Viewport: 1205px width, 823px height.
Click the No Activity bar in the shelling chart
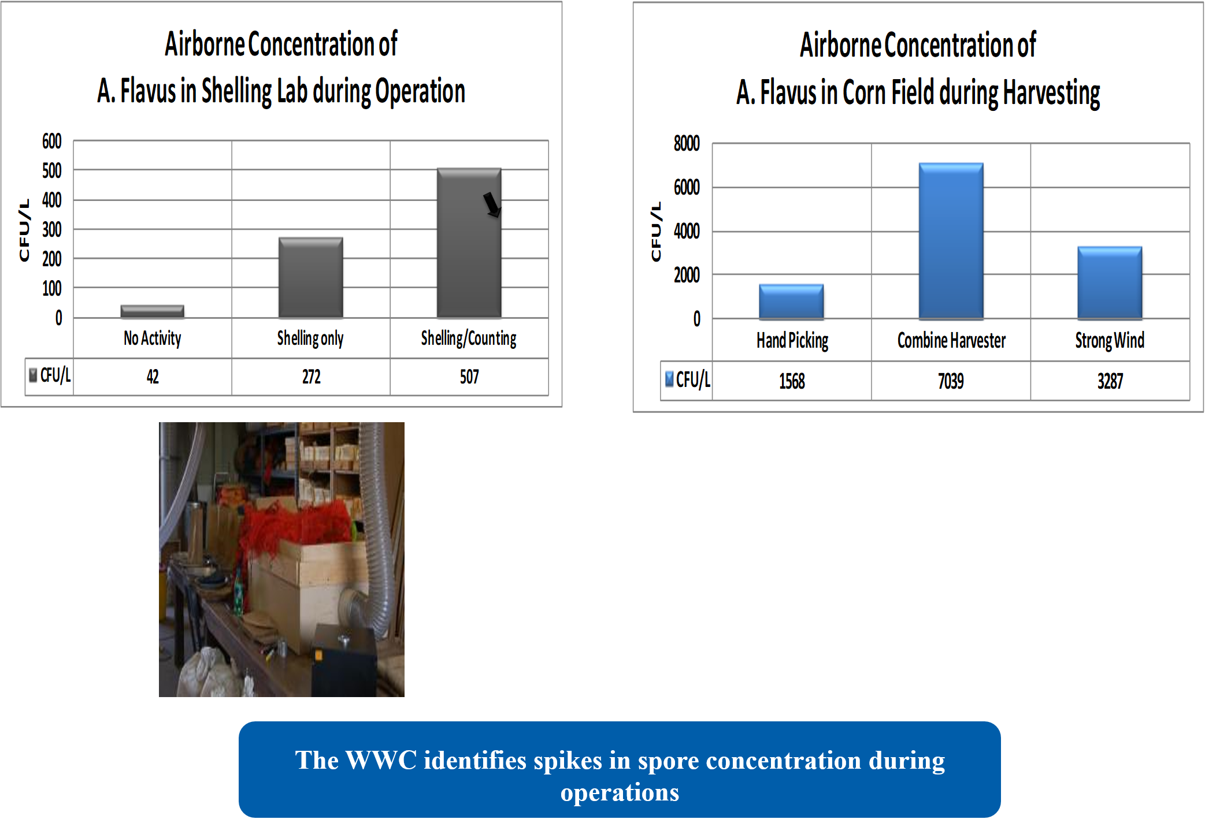[153, 311]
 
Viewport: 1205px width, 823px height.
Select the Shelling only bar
[311, 277]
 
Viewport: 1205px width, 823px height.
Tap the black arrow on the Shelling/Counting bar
[492, 204]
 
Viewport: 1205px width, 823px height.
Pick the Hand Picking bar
[791, 301]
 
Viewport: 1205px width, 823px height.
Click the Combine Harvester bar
[951, 241]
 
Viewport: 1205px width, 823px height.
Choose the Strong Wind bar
[1110, 283]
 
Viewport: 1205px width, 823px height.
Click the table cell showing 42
[153, 377]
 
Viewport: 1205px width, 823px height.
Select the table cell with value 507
[469, 377]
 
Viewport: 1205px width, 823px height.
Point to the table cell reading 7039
[951, 381]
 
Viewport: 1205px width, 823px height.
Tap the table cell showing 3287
[1110, 381]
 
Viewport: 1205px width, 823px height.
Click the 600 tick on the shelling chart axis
[51, 141]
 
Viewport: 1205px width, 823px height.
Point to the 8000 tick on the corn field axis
[687, 143]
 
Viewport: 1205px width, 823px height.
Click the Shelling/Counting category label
[469, 338]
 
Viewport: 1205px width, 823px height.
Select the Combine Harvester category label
[951, 341]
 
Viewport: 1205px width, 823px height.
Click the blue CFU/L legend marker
[669, 379]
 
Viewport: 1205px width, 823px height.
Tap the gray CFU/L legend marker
[34, 375]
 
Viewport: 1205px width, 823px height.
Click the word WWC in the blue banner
[381, 760]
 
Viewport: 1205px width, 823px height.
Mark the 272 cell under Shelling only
[311, 377]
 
